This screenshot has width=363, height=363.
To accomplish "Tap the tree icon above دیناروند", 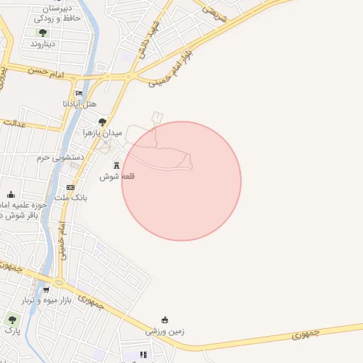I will (x=43, y=33).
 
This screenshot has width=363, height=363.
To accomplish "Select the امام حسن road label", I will (x=48, y=72).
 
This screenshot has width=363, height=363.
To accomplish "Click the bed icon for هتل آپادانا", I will (x=79, y=93).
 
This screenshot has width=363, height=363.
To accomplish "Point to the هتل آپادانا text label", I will (x=78, y=104).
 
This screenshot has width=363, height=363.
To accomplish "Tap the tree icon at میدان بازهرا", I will (x=102, y=121).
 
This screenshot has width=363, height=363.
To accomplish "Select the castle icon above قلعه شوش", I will (x=117, y=164).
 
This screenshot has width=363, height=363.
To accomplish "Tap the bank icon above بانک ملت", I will (x=70, y=187).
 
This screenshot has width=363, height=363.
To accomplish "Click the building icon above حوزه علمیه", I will (x=11, y=194).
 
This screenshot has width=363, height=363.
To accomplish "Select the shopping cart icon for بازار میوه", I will (x=46, y=289).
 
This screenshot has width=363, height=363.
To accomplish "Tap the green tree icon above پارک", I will (x=11, y=320).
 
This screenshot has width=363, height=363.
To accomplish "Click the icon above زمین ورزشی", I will (x=164, y=319).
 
